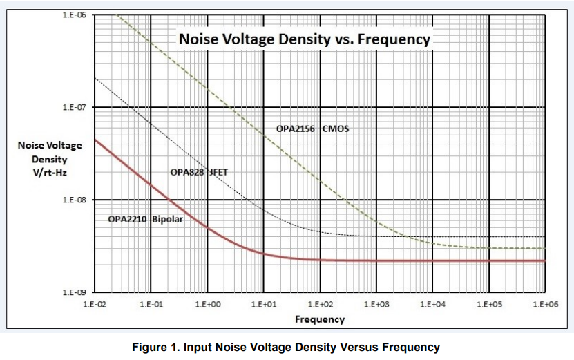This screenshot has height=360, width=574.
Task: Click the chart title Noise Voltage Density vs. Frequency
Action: point(305,39)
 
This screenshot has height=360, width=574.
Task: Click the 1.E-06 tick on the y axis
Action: point(74,15)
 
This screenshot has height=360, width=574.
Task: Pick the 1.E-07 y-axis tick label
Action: point(74,108)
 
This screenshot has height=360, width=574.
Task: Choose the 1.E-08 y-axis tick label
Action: point(74,200)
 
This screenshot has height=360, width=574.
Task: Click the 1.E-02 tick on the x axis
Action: point(95,304)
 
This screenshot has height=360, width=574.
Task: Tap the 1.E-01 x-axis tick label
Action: point(151,304)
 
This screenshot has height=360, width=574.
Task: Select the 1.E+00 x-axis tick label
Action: point(207,304)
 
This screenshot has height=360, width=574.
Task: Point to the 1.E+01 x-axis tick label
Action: point(263,304)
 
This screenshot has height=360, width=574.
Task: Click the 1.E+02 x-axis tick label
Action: point(320,304)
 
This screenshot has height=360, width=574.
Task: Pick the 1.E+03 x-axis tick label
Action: point(376,304)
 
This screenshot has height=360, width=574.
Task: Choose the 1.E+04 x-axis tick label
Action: point(432,304)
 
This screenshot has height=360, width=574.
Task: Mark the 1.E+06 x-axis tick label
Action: point(545,304)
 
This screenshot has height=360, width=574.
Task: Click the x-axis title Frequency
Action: point(319,319)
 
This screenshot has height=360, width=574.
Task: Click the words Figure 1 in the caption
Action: point(157,347)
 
